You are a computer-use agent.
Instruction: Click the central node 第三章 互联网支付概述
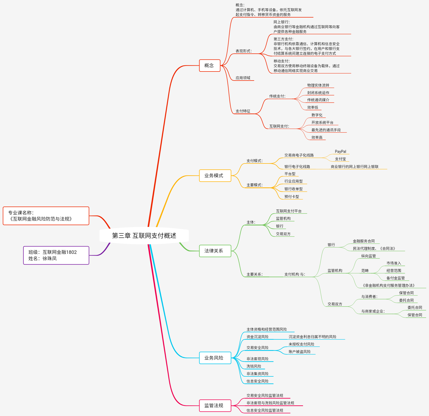coord(144,236)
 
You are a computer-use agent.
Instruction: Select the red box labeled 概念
coord(209,65)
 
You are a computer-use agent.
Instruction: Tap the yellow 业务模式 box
coord(215,175)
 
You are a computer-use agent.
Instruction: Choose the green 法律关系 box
coord(215,251)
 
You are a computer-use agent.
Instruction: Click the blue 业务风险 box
coord(215,358)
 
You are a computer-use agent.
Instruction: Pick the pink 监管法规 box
coord(215,405)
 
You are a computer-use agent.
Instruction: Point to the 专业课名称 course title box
coord(46,216)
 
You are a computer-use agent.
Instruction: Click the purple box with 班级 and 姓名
coord(56,255)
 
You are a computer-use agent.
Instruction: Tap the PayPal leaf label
coord(340,152)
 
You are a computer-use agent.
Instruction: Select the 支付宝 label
coord(340,159)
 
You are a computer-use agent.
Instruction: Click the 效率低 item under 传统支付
coord(313,107)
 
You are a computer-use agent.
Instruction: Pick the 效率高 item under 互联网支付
coord(317,137)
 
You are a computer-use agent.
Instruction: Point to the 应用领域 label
coord(243,78)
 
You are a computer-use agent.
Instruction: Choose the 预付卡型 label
coord(292,197)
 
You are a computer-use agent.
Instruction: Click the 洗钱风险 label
coord(254,366)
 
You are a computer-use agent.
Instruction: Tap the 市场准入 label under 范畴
coord(394,263)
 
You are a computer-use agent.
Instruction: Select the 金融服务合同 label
coord(364,241)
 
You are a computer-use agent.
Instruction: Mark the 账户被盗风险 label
coord(300,352)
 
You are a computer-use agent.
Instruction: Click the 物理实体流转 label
coord(318,85)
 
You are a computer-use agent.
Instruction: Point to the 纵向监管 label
coord(368,256)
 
